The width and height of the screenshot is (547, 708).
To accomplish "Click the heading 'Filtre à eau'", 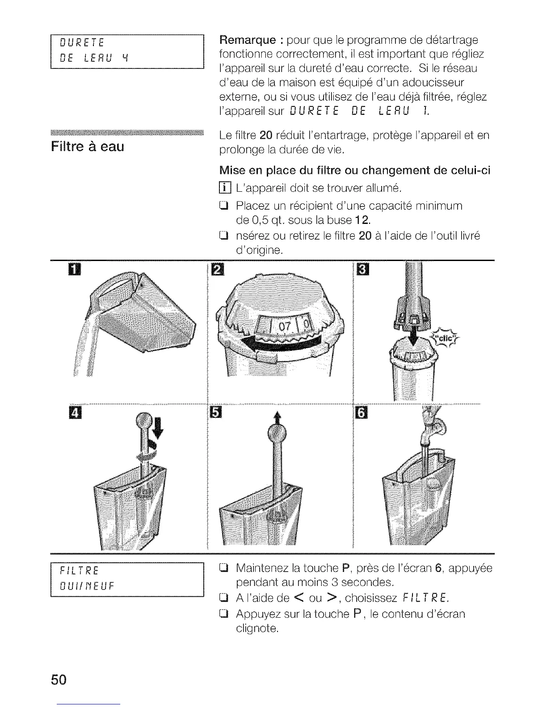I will click(x=88, y=147).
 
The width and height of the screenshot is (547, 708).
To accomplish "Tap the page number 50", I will click(x=59, y=680).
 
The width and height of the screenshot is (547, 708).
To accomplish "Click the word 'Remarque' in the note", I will click(x=247, y=40).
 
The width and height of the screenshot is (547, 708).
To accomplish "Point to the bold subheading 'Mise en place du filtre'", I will click(x=355, y=170).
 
